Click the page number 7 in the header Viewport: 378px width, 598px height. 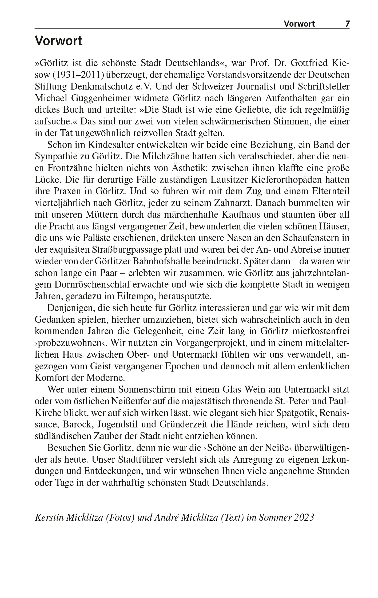[347, 24]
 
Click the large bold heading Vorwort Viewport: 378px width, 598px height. [59, 41]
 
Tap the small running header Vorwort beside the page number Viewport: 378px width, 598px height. [299, 24]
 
